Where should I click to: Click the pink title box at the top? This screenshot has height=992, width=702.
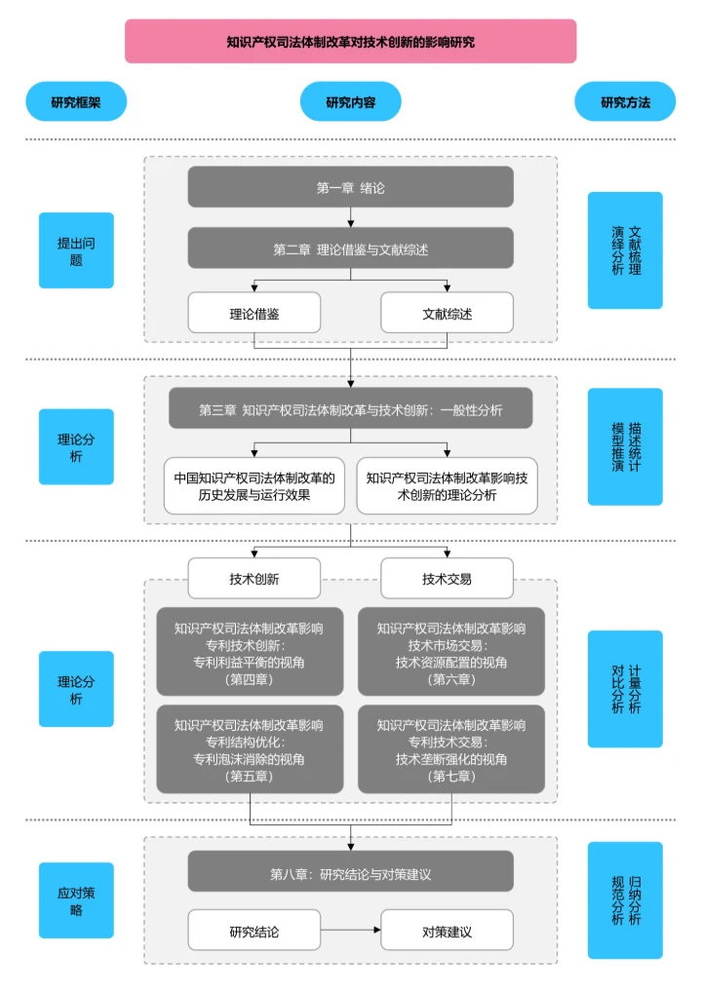tap(350, 42)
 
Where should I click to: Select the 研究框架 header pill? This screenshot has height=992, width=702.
tap(76, 101)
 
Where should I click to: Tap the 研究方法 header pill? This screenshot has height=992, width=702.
tap(625, 101)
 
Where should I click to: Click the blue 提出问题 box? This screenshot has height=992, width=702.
tap(76, 250)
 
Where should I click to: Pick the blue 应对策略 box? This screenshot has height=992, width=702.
tap(76, 900)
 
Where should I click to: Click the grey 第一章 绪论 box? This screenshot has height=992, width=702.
tap(350, 187)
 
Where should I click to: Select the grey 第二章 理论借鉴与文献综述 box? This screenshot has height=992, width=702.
tap(350, 248)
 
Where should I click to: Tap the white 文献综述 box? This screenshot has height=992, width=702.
tap(447, 314)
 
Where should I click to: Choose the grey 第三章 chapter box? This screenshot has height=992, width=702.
tap(350, 409)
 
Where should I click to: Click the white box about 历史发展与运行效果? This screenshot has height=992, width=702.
tap(253, 485)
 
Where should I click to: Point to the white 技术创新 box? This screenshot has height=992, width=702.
tap(253, 578)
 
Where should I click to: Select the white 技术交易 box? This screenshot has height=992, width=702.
tap(447, 578)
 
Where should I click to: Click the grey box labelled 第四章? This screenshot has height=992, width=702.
tap(249, 652)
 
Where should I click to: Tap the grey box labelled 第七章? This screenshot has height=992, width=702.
tap(451, 748)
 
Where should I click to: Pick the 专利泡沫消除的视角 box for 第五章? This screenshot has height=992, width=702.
tap(249, 748)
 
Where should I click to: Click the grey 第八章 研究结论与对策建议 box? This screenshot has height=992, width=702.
tap(350, 872)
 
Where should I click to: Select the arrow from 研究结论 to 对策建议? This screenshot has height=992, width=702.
tap(350, 931)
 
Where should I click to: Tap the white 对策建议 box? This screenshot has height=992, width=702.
tap(447, 931)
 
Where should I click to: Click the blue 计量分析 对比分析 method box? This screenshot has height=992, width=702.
tap(625, 688)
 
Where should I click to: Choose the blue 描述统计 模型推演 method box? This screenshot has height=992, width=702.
tap(625, 446)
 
